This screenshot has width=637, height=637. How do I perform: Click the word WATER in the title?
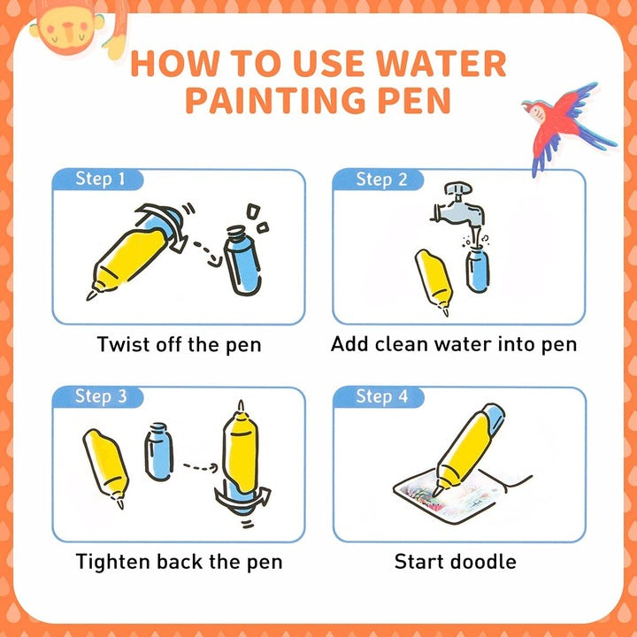point(441,64)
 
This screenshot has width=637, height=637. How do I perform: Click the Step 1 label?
point(100,179)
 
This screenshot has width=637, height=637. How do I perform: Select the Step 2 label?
point(381,179)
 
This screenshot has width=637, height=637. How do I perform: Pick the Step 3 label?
point(101,396)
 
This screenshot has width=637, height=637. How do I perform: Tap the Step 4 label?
point(382,396)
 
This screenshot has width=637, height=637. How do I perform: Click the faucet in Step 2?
point(458,205)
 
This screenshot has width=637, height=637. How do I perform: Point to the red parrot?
point(568,126)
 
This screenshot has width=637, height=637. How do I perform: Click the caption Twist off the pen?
point(179,345)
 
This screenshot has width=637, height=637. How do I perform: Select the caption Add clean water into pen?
point(454,345)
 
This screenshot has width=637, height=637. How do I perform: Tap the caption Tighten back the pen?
point(179,563)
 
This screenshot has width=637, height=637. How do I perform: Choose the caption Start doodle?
point(455,562)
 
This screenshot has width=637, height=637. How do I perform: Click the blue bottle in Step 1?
point(243,261)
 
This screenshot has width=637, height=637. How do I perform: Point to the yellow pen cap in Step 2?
point(434,281)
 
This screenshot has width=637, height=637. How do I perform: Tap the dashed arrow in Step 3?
point(201,467)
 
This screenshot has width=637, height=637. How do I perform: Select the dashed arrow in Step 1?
point(209,254)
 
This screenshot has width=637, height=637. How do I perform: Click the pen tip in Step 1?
point(91,295)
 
